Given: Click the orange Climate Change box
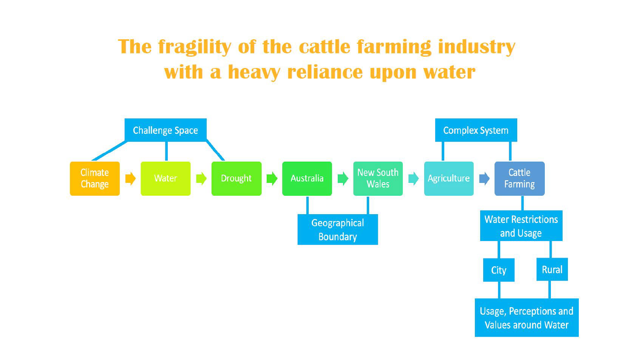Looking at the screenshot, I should click(x=95, y=179).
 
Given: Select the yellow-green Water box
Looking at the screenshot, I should click(x=165, y=179).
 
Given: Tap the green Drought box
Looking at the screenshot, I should click(x=236, y=179).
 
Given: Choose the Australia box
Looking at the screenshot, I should click(x=307, y=179).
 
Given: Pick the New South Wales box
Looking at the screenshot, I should click(x=378, y=179).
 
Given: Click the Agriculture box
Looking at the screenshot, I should click(x=448, y=179).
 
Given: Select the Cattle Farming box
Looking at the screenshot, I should click(x=519, y=179).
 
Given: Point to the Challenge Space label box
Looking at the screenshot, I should click(x=165, y=130).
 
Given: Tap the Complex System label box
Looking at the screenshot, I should click(x=476, y=130).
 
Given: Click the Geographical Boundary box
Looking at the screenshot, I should click(x=337, y=230).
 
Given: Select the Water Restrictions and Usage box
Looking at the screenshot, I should click(x=521, y=226).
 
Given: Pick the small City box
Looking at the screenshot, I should click(x=499, y=270).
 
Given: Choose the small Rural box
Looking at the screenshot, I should click(x=552, y=270).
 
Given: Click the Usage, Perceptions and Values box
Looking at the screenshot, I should click(x=526, y=318).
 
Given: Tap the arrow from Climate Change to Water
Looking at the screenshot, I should click(x=130, y=179).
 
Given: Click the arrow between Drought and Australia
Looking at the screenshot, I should click(x=272, y=179).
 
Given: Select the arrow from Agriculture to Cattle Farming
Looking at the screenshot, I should click(x=484, y=179).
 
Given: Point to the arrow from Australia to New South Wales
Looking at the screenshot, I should click(x=343, y=179).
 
